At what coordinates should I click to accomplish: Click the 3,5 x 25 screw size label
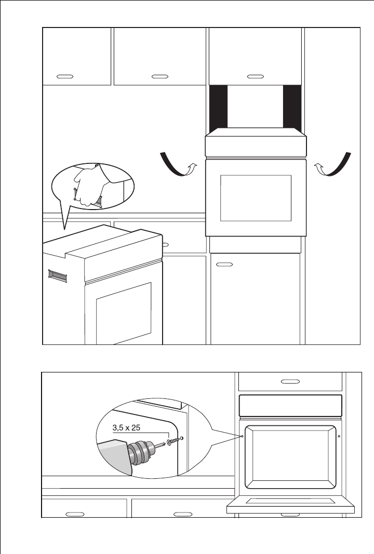[127, 428]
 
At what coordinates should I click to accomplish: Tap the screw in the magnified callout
[172, 440]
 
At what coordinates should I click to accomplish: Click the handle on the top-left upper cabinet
[64, 76]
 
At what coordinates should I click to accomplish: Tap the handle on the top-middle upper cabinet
[159, 76]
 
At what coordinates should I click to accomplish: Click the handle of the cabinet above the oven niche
[255, 76]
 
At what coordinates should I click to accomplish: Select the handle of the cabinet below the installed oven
[223, 265]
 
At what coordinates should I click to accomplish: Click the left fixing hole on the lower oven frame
[243, 436]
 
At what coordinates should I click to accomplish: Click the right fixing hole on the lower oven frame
[339, 436]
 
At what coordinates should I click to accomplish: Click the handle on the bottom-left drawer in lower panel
[75, 514]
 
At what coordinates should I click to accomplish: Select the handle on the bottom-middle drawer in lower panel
[182, 514]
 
